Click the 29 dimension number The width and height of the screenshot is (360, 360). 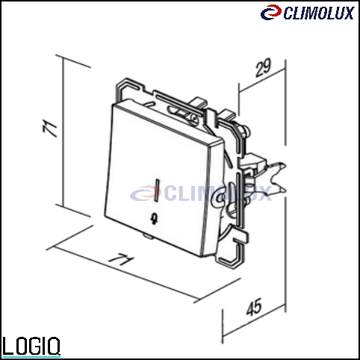263,68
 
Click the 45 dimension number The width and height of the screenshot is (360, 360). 254,307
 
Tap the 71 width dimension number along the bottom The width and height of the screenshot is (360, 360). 120,259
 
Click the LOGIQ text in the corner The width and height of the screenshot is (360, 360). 31,347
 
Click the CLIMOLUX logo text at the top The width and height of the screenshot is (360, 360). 319,13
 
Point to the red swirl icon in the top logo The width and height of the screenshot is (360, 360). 271,12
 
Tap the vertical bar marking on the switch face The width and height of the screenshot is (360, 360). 157,190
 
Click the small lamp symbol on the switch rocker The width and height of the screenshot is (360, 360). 155,218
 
